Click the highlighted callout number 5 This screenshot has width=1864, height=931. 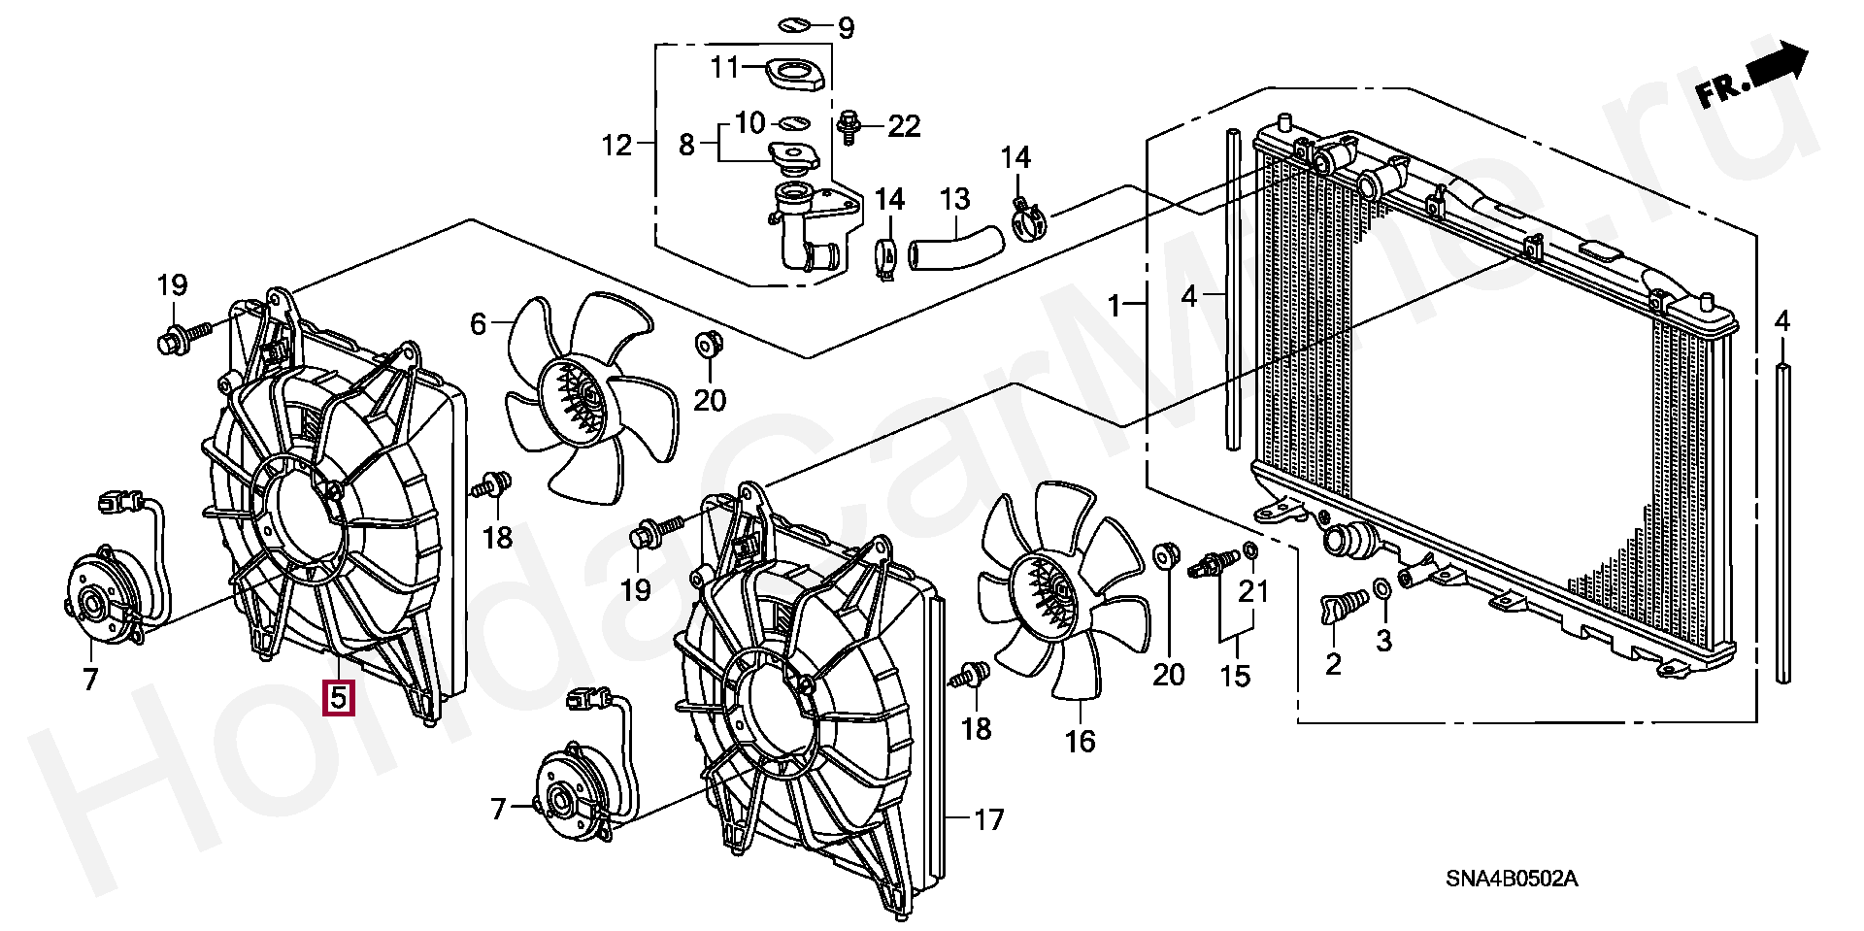tap(339, 697)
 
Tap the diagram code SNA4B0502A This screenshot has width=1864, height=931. tap(1511, 880)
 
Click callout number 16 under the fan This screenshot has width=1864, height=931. tap(1080, 742)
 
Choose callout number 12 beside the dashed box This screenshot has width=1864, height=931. tap(616, 147)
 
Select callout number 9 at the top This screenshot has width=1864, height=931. tap(846, 28)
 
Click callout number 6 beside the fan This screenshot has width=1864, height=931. tap(478, 323)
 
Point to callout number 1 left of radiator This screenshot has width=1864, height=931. tap(1115, 308)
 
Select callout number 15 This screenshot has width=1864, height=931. tap(1236, 675)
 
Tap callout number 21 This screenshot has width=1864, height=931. tap(1258, 589)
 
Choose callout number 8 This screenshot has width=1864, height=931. tap(686, 147)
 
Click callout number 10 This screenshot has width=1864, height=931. tap(749, 123)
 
